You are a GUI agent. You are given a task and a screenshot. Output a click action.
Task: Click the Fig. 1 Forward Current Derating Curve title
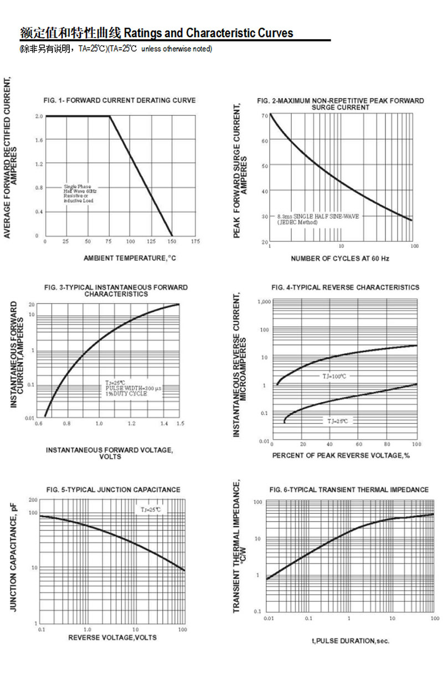[119, 100]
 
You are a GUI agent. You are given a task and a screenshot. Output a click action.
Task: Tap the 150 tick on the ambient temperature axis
[172, 242]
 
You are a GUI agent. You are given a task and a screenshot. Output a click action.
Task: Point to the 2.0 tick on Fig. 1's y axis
[39, 116]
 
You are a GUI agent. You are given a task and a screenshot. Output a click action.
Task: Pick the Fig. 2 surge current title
[341, 104]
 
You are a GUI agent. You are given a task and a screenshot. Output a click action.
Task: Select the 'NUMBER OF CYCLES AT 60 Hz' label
[340, 259]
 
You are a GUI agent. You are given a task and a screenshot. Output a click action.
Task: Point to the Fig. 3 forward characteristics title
[116, 291]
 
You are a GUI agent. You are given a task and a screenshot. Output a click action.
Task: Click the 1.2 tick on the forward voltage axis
[132, 424]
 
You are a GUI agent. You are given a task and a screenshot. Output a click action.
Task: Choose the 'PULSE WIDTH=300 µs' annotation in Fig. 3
[133, 389]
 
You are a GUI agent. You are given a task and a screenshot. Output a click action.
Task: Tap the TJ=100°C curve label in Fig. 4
[334, 377]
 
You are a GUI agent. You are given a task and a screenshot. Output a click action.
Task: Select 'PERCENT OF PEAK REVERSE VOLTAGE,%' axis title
[341, 455]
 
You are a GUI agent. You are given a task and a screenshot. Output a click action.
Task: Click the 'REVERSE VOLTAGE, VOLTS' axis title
[112, 637]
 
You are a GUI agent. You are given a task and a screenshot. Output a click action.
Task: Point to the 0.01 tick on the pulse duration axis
[269, 618]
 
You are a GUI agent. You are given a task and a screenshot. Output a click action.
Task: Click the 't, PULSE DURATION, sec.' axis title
[351, 641]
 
